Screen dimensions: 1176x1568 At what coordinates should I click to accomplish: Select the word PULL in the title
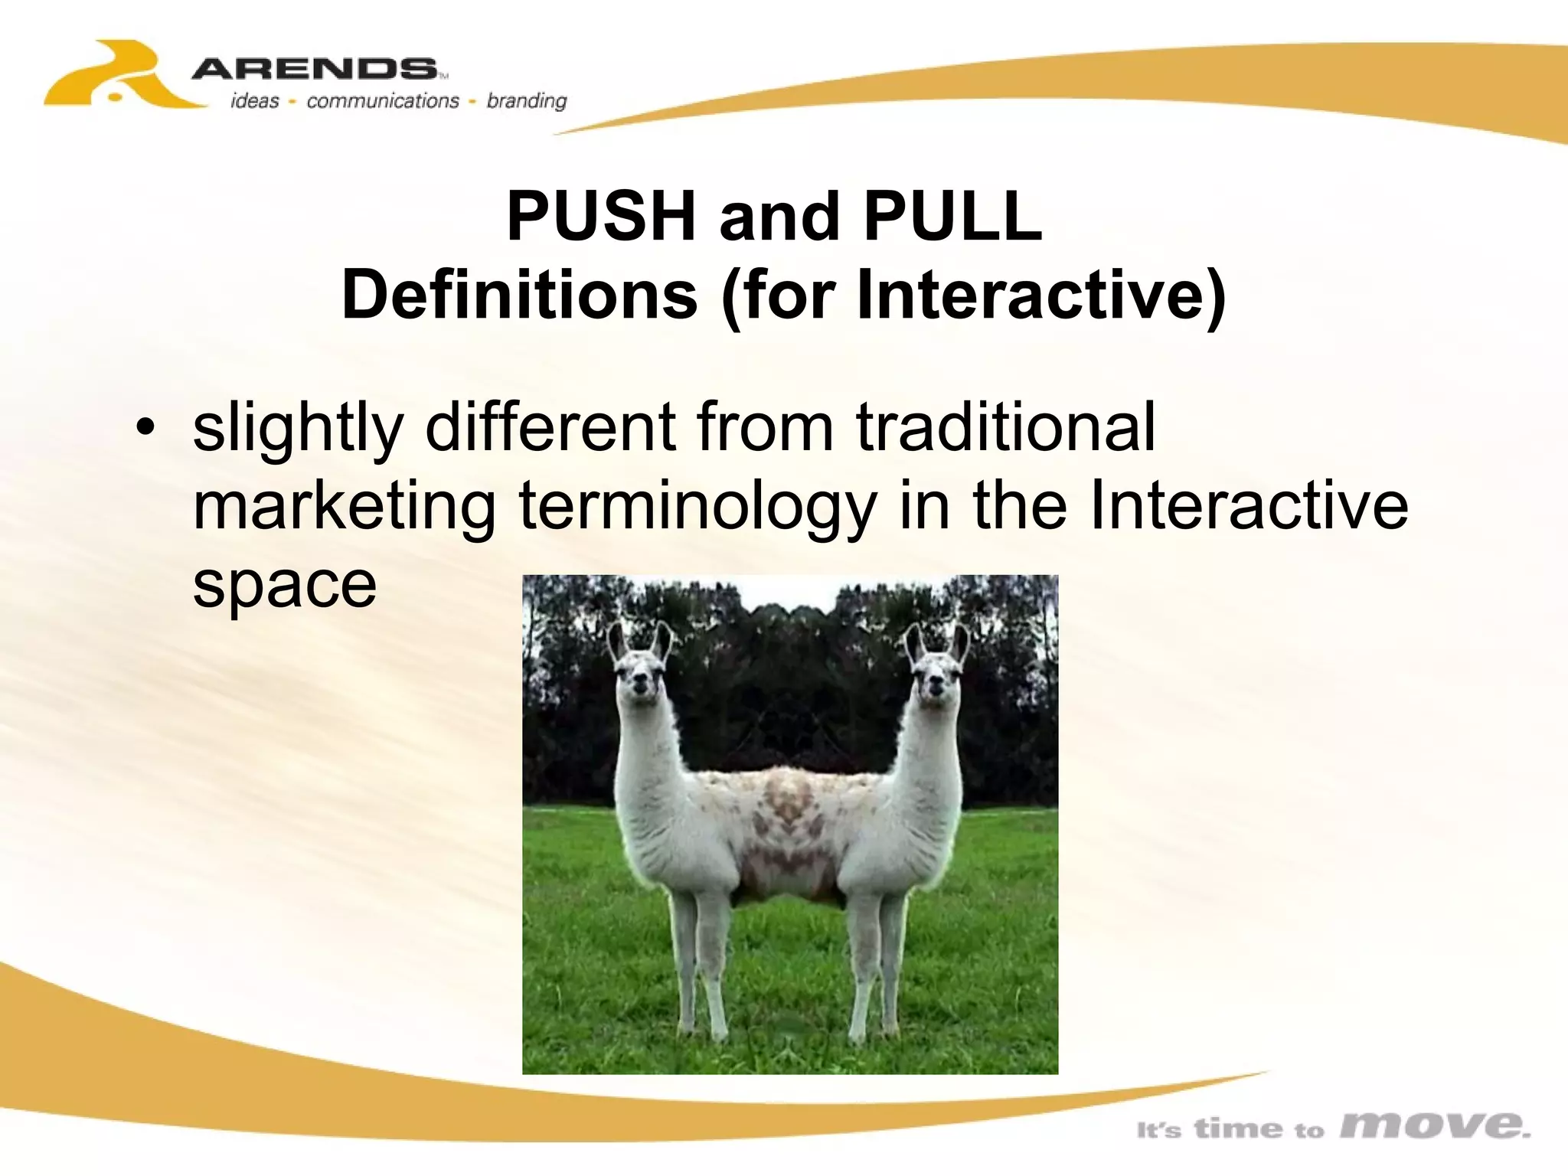pos(952,217)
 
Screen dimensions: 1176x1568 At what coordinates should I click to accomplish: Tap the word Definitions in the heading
pos(519,296)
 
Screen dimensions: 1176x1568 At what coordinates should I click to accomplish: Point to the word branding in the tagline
pos(527,101)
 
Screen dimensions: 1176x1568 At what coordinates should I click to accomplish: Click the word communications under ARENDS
pos(382,101)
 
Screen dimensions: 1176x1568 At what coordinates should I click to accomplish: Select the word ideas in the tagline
pos(255,101)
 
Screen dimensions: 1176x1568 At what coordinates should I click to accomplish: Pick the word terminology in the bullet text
pos(697,507)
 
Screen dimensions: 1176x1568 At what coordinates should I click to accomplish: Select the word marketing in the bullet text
pos(345,507)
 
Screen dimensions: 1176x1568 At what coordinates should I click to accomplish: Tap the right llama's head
pos(936,674)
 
